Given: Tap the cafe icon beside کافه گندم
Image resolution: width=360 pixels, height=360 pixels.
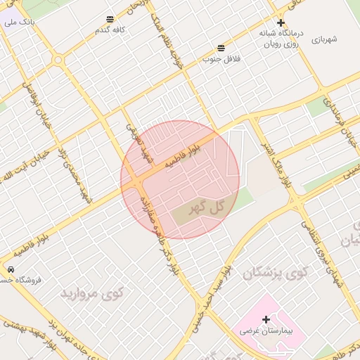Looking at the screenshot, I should pos(110,20).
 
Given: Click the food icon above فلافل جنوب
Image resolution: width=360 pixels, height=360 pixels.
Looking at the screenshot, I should pos(221,47).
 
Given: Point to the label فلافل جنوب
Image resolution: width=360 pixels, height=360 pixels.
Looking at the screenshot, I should pos(221,59).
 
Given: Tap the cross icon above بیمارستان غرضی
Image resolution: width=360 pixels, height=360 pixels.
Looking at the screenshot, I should pos(266,320).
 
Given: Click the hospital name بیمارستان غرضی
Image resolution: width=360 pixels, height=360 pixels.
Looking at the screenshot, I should pos(270,330).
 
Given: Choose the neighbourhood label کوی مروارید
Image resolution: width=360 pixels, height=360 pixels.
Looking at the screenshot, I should pos(91,292).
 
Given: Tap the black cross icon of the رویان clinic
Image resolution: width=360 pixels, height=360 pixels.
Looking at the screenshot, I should pos(281,22).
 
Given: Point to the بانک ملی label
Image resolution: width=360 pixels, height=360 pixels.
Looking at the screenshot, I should pos(19,22).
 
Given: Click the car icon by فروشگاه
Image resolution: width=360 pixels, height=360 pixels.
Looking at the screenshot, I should pos(10,269).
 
